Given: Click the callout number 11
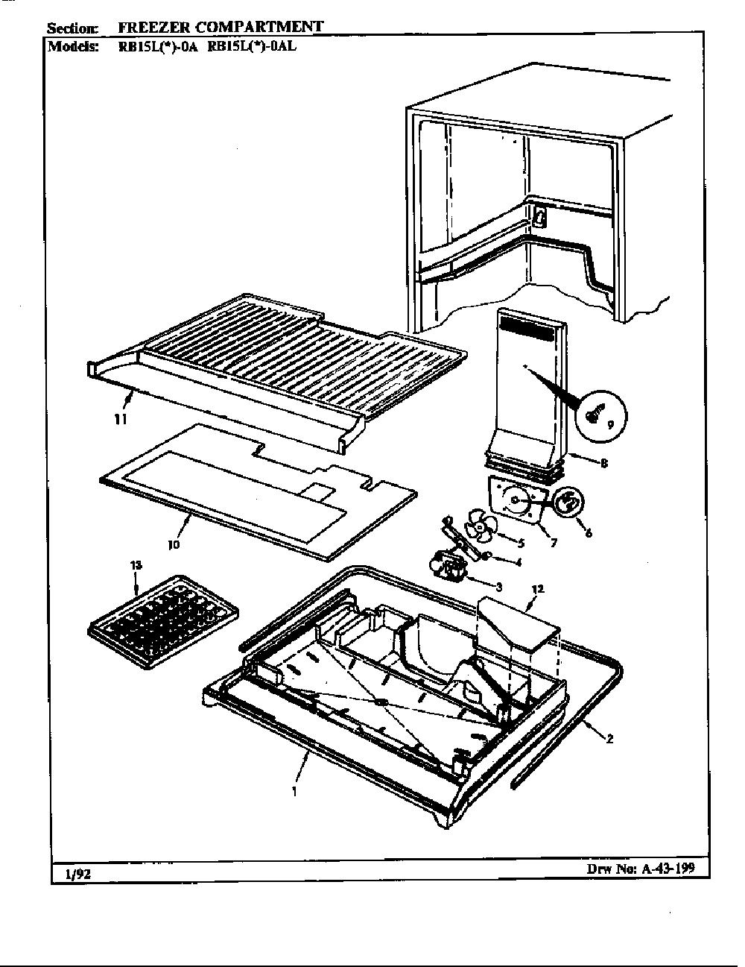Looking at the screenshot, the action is click(121, 419).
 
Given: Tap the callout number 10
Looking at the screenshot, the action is click(174, 544).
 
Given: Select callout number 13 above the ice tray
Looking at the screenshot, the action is click(136, 566).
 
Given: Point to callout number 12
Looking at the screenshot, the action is click(537, 589).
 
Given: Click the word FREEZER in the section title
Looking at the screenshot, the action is click(153, 28).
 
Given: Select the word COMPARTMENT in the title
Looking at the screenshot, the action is click(259, 27).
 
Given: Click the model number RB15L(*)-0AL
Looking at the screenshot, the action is click(252, 46).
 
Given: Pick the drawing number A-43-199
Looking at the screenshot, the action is click(667, 868).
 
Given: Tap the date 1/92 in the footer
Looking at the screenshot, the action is click(77, 875).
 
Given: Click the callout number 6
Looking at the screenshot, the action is click(589, 532).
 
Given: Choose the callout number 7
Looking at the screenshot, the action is click(554, 543).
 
